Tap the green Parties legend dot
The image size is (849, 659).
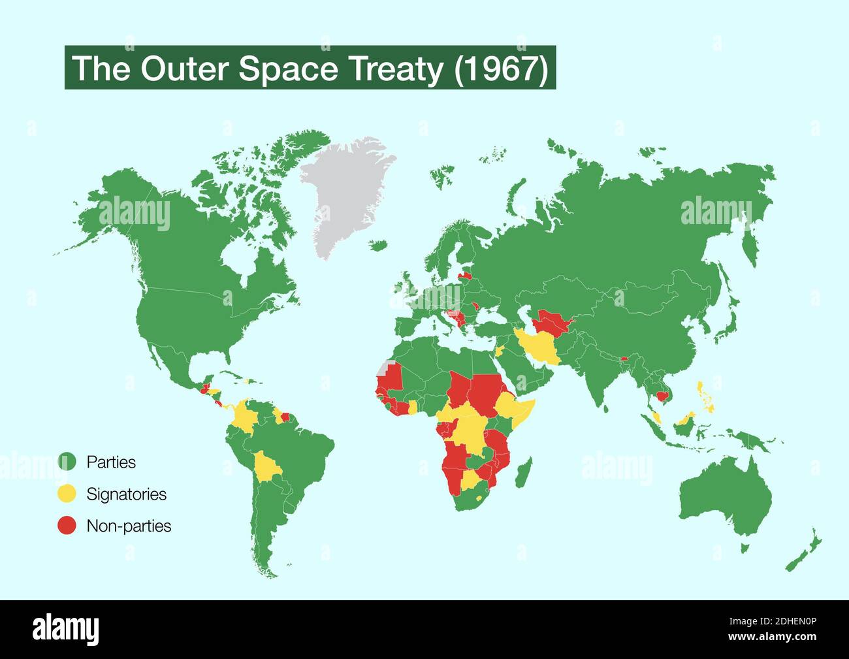pyautogui.click(x=67, y=462)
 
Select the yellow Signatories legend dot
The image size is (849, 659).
pyautogui.click(x=67, y=494)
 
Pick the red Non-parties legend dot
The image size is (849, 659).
pyautogui.click(x=67, y=526)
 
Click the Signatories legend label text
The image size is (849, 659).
pyautogui.click(x=126, y=494)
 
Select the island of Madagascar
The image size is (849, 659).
pyautogui.click(x=524, y=472)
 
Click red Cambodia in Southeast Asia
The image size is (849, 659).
pyautogui.click(x=664, y=396)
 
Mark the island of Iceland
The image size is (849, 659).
pyautogui.click(x=377, y=245)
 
